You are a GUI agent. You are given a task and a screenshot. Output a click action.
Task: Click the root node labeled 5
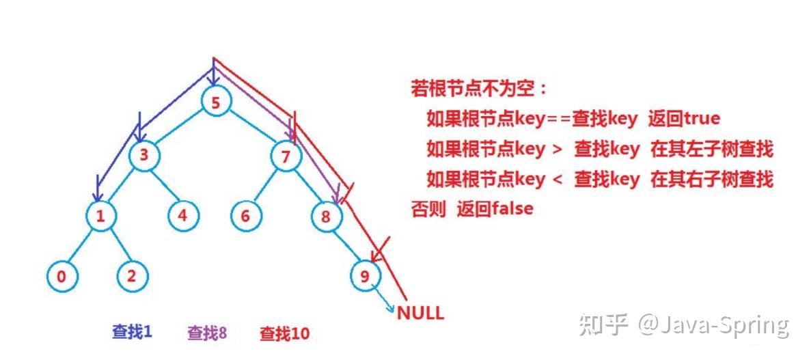click(x=216, y=104)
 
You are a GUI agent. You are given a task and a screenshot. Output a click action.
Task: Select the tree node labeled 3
click(x=143, y=156)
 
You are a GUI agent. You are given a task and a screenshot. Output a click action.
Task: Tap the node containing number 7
click(x=286, y=156)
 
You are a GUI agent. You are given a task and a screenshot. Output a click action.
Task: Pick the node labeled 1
click(x=100, y=217)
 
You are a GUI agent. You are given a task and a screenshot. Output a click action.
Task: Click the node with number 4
click(x=182, y=216)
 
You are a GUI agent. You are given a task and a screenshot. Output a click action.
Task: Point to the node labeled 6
click(x=245, y=217)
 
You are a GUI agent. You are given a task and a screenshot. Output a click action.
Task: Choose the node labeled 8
click(x=325, y=217)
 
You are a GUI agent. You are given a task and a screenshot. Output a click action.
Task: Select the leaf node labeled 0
click(x=62, y=277)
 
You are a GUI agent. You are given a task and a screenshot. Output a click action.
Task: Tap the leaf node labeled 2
click(x=132, y=277)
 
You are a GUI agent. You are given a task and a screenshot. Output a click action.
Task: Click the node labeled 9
click(x=364, y=276)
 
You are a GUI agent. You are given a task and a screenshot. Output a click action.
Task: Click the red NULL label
click(x=420, y=314)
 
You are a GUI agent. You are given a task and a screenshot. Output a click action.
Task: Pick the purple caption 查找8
click(x=206, y=333)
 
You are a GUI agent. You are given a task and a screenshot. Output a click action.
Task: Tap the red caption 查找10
click(x=284, y=333)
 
